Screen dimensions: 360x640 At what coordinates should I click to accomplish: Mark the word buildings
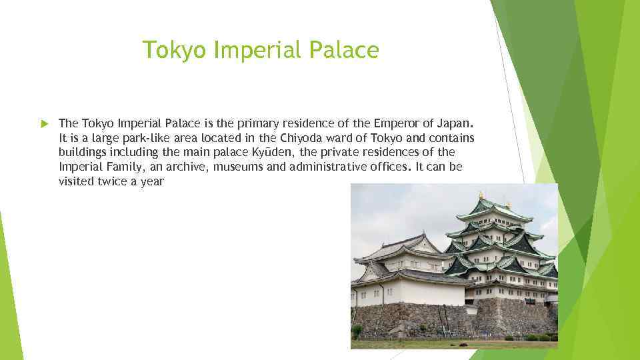pyautogui.click(x=83, y=152)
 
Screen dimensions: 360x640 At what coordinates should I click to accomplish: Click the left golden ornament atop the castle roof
pyautogui.click(x=480, y=195)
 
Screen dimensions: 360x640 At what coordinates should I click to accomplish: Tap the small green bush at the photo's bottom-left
pyautogui.click(x=357, y=330)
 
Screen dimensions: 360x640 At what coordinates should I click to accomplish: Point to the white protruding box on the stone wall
pyautogui.click(x=472, y=309)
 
